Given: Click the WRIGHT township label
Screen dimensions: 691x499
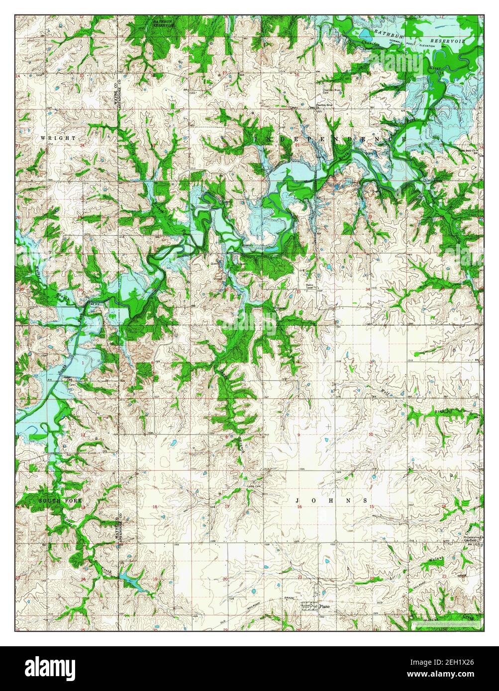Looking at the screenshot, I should coord(58,137).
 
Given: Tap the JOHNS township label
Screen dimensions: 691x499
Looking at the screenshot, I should coord(332,500).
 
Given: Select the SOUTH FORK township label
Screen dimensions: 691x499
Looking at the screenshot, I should coord(60,500).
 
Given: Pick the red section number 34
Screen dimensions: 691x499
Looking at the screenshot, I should coord(368,289).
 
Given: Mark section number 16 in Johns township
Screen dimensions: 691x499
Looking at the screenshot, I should coord(299,507).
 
